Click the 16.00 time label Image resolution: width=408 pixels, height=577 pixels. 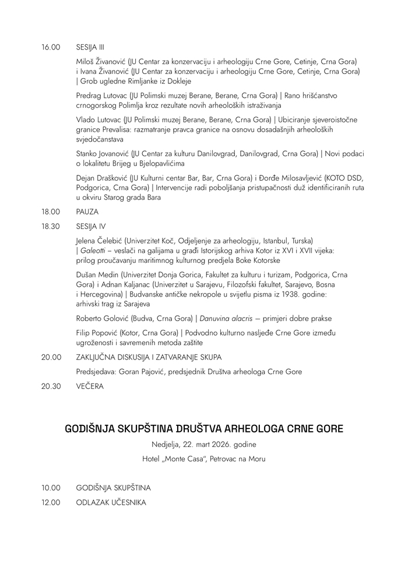(51, 47)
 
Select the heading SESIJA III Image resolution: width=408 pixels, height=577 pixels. (90, 47)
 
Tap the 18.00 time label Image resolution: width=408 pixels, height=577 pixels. (51, 212)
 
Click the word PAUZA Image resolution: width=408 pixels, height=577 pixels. (87, 212)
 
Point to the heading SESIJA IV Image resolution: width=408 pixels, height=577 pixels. (90, 226)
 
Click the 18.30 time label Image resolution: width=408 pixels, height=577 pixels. (51, 226)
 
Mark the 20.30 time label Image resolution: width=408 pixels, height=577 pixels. (51, 385)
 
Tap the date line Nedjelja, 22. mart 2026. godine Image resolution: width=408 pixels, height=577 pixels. (204, 445)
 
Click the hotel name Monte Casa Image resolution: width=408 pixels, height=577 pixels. (186, 459)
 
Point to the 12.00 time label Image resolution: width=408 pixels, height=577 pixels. (51, 502)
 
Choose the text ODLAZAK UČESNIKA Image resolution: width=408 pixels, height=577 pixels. (111, 502)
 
